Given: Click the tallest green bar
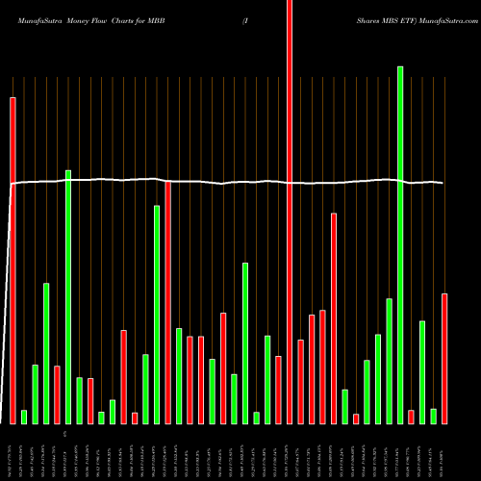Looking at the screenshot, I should coord(400,244).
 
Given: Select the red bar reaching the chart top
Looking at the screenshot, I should coord(290,212).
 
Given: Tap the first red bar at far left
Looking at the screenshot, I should coord(13,260).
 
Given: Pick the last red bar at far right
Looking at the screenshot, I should coord(444,358).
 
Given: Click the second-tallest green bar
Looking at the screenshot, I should coord(68,296).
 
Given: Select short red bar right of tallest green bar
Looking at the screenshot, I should coord(411,417).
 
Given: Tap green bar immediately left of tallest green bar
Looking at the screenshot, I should coord(389,361).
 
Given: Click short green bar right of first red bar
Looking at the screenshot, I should coord(24,417).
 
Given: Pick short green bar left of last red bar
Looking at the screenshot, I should coord(433,416).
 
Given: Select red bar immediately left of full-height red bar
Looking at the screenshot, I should coord(278,390).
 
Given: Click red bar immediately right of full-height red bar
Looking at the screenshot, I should coord(300,381).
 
